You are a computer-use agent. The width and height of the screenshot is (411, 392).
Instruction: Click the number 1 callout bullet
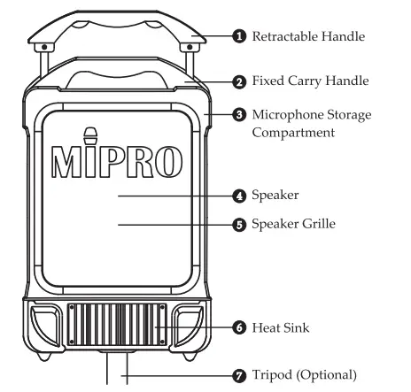pos(239,37)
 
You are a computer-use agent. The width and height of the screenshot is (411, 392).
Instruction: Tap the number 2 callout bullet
pos(239,81)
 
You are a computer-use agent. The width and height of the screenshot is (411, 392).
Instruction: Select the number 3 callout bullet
pos(239,115)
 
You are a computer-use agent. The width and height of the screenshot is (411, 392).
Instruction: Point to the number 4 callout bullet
pos(239,196)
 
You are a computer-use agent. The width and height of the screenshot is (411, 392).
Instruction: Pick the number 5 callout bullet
pos(239,225)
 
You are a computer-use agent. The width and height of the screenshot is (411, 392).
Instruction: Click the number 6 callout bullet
pos(239,327)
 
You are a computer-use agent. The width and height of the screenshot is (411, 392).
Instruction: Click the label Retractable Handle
pos(309,37)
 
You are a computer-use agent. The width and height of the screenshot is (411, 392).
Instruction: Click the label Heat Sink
pos(282,327)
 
